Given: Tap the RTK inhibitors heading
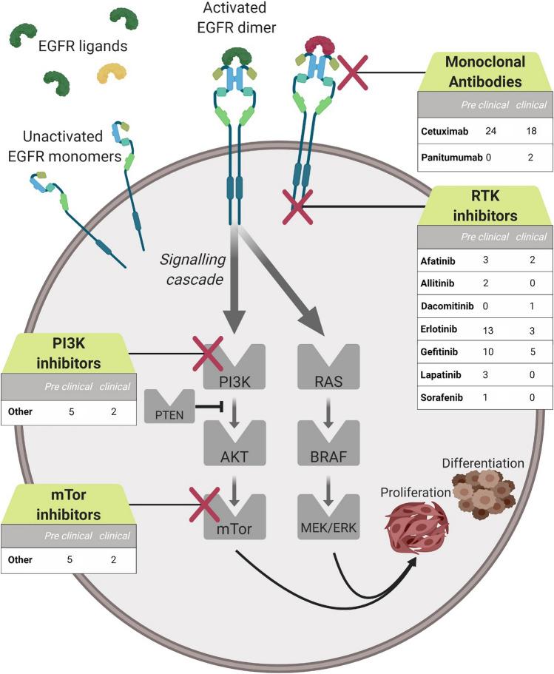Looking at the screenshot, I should (x=485, y=206).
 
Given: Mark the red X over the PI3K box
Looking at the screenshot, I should (x=209, y=352).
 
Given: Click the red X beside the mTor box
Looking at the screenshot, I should (x=209, y=510).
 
